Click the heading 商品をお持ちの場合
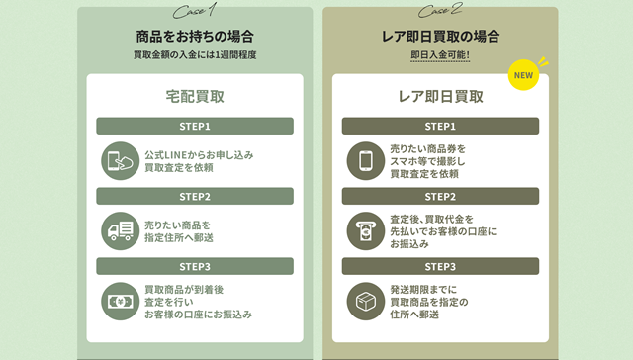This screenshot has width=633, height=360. pos(194,36)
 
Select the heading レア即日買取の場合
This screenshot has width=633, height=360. pos(440,36)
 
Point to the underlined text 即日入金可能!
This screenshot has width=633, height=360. pos(440,55)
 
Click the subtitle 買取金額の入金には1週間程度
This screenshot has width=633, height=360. pos(194,55)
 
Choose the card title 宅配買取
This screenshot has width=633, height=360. pos(195,97)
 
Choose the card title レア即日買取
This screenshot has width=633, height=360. pos(440,97)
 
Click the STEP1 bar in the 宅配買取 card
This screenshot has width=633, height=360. pos(195,127)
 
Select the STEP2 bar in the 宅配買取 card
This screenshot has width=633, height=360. pos(195,196)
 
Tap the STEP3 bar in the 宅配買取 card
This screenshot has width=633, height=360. pos(195,266)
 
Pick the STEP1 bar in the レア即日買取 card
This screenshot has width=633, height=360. pos(440,127)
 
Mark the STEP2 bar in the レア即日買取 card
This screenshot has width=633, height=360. pos(440,196)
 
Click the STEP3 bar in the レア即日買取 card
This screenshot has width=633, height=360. pos(440,266)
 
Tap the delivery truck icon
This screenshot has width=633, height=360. pos(120,231)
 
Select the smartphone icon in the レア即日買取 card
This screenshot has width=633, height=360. pos(365,160)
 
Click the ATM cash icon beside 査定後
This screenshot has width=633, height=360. pos(365,231)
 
